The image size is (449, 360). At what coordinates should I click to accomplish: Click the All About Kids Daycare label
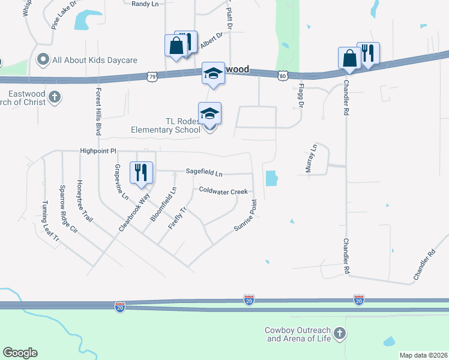pyautogui.click(x=95, y=60)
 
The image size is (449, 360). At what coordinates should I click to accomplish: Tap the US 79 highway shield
pyautogui.click(x=152, y=77)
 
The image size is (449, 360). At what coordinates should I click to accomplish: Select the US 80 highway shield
pyautogui.click(x=283, y=76)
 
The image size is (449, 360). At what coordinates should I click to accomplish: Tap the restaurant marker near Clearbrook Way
pyautogui.click(x=142, y=172)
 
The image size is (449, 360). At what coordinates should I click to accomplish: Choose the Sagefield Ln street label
pyautogui.click(x=204, y=173)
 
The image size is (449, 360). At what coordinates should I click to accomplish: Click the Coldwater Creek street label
pyautogui.click(x=223, y=191)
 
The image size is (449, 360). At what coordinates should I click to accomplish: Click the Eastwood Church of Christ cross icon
pyautogui.click(x=54, y=97)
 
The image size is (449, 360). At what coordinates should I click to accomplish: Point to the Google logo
pyautogui.click(x=20, y=352)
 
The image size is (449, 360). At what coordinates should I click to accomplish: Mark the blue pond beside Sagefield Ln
pyautogui.click(x=271, y=178)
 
